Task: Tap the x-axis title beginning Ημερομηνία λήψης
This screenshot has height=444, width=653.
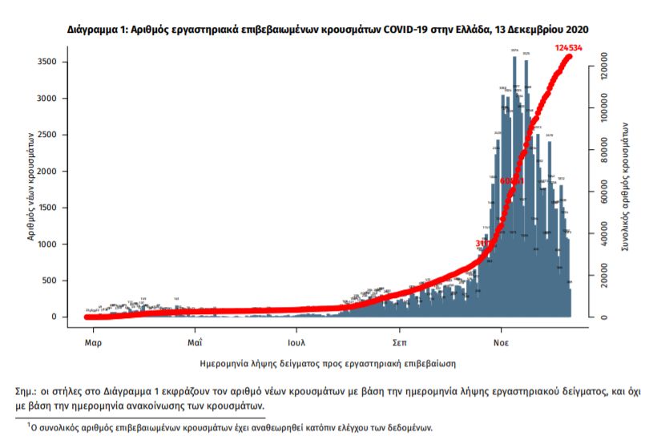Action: [x=329, y=363]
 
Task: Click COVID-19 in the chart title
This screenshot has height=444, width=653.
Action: [x=406, y=29]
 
